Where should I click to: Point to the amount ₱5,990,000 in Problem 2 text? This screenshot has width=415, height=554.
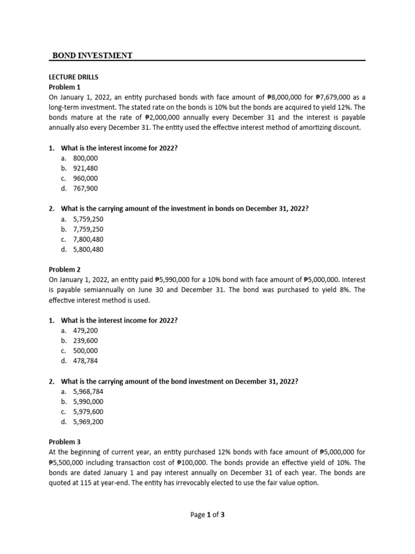tap(172, 280)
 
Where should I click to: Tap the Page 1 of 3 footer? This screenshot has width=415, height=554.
tap(207, 515)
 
